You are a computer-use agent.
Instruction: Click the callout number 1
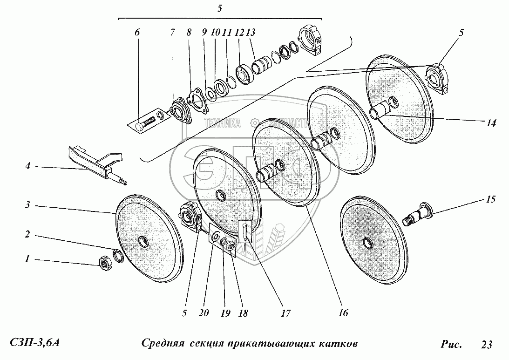tap(27, 260)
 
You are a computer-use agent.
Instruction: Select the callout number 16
tap(343, 313)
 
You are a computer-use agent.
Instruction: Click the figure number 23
tap(486, 345)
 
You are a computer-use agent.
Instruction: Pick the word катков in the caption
tap(339, 345)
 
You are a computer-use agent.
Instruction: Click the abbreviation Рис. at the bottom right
tap(451, 345)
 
